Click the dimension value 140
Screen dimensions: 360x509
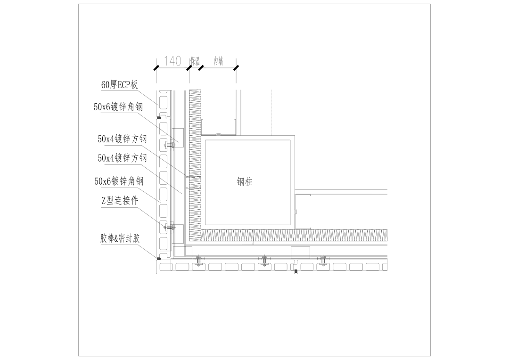(x=172, y=61)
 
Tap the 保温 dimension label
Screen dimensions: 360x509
(x=195, y=61)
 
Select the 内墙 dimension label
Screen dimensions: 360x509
(x=218, y=61)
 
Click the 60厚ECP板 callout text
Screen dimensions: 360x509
(x=120, y=85)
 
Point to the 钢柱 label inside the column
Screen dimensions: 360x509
(x=245, y=181)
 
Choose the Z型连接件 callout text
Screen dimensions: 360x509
(x=120, y=201)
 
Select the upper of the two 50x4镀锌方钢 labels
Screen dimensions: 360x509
(x=122, y=139)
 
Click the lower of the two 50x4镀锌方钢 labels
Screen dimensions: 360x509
(x=122, y=158)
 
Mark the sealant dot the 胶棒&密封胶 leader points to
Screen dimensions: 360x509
(x=159, y=258)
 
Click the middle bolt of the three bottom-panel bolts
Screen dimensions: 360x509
(x=264, y=260)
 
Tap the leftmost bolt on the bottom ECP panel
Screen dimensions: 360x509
(x=199, y=260)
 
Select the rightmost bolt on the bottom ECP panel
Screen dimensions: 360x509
(x=323, y=260)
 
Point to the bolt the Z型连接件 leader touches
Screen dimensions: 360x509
(x=169, y=227)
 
